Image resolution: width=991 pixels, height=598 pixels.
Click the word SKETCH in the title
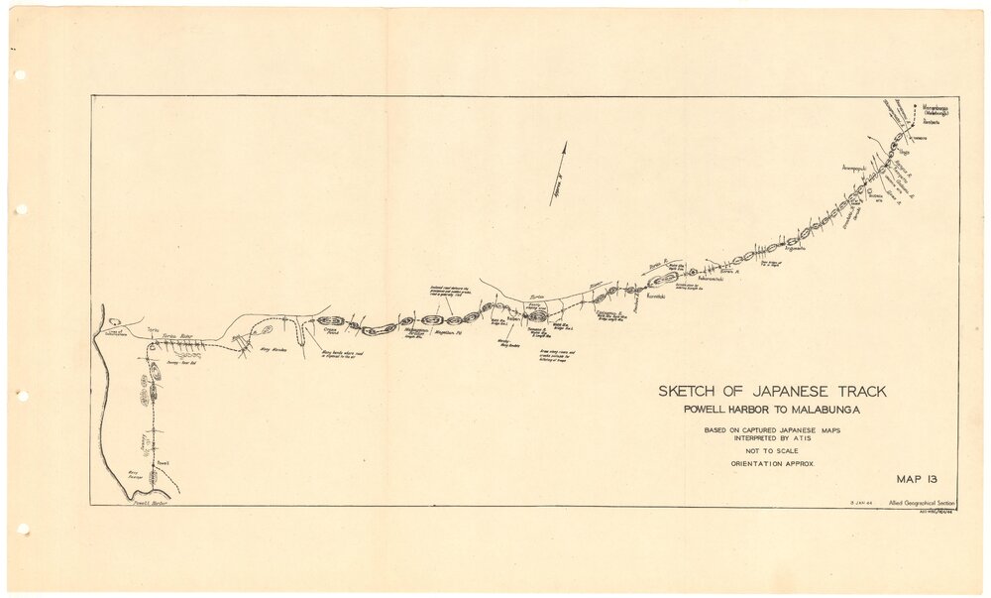tap(690, 392)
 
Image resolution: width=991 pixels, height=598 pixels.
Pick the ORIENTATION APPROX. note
tap(772, 464)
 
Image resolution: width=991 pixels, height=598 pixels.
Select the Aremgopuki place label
tap(854, 169)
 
